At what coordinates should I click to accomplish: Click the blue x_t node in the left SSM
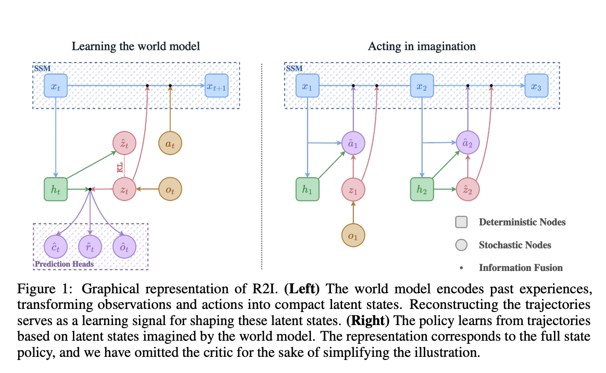coord(56,85)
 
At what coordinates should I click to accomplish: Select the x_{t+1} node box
coord(217,85)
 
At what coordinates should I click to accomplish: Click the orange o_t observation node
coord(170,190)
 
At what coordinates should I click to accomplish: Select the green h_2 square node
coord(422,190)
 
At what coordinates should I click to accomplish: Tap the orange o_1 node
coord(353,237)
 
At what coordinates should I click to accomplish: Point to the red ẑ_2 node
coord(468,190)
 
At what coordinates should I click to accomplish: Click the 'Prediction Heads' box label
coord(65,264)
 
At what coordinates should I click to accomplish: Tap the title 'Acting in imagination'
coord(422,46)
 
